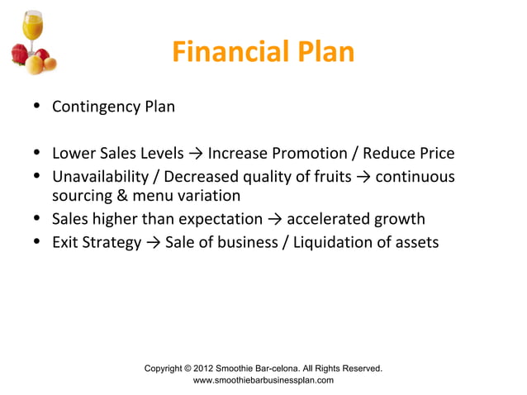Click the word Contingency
[x=95, y=107]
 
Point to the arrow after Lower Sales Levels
[x=196, y=154]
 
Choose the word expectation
[x=220, y=220]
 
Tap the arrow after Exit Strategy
[x=154, y=243]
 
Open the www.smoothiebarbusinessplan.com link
[x=263, y=380]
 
